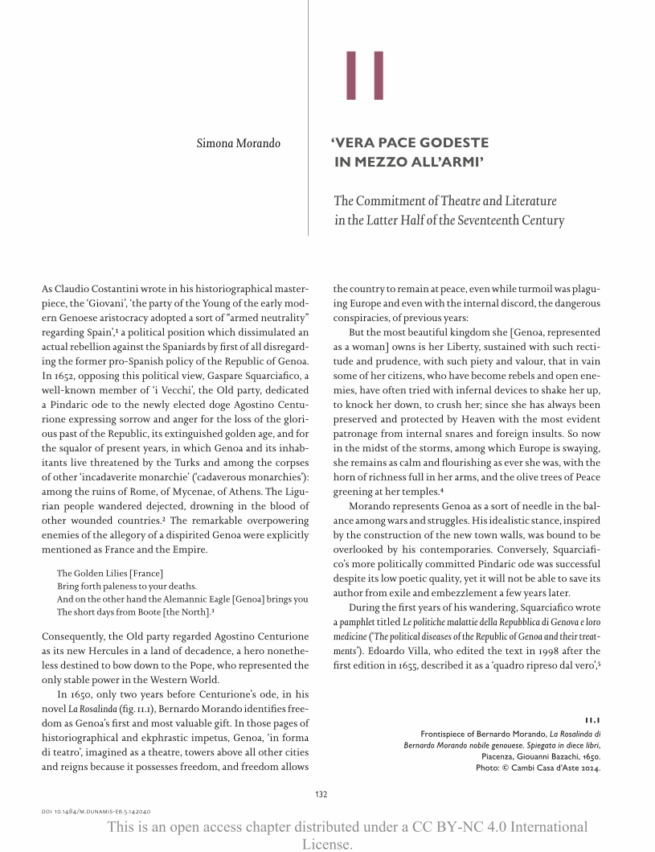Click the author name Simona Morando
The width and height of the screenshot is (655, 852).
pos(239,144)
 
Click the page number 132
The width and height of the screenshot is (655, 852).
pos(321,794)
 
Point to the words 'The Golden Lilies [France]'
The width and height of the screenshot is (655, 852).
pos(110,573)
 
